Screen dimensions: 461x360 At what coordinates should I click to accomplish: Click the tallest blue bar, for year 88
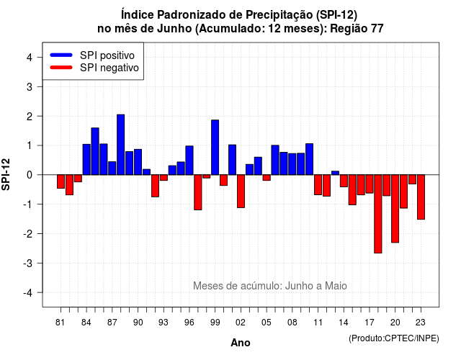120,145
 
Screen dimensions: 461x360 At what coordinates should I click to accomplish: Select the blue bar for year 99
215,147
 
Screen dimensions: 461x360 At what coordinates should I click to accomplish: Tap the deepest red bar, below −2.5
377,214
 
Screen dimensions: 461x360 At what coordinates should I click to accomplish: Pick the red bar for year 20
395,209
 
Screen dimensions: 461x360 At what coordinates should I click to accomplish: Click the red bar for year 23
421,197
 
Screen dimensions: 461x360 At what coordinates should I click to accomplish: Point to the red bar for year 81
61,181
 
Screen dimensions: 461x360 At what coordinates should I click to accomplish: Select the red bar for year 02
241,192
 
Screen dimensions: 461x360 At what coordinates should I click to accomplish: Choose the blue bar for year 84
86,160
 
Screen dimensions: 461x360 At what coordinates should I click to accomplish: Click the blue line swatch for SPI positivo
61,55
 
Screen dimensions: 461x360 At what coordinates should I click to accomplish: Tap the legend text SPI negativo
109,68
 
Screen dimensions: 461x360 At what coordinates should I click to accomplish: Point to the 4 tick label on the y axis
30,58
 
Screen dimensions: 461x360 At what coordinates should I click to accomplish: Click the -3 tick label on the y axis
27,263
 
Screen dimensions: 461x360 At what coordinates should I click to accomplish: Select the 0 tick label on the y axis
30,175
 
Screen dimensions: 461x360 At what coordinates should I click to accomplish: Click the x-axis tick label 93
164,323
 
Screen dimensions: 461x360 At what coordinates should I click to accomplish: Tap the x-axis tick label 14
344,323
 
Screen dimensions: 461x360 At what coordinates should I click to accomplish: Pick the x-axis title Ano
241,343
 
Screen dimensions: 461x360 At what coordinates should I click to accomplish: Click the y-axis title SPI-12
6,174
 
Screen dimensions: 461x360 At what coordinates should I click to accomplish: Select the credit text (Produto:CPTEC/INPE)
394,338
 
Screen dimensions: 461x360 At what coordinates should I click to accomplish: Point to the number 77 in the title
377,29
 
